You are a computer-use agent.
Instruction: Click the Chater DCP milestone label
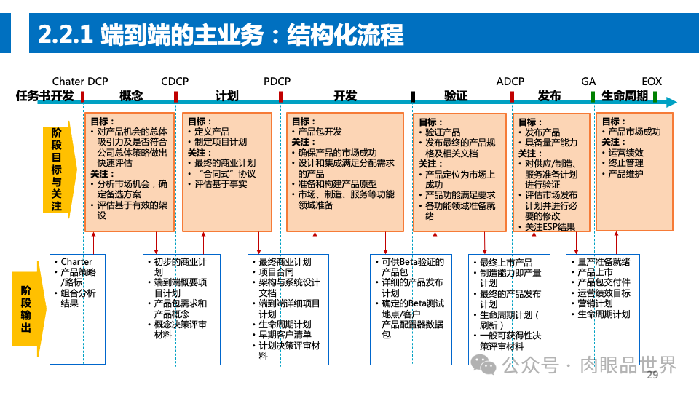79,82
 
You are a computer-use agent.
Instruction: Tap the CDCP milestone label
175,82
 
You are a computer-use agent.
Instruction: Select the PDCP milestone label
277,82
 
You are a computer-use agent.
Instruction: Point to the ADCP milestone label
510,82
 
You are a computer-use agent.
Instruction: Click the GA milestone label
588,82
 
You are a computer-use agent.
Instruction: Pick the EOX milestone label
652,82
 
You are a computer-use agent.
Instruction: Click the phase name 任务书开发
44,96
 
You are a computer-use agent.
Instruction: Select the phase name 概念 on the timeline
131,96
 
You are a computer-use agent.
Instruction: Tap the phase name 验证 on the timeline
456,96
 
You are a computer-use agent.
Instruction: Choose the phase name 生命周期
625,96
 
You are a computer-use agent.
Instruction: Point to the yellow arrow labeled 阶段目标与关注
57,170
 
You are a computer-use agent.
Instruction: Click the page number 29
652,375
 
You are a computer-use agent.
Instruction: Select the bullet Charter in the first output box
76,262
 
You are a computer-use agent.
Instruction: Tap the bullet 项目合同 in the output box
277,272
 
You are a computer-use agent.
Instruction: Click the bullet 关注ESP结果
550,227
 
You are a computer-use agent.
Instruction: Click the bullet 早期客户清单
285,335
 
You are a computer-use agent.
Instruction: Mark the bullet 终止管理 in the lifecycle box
625,164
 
